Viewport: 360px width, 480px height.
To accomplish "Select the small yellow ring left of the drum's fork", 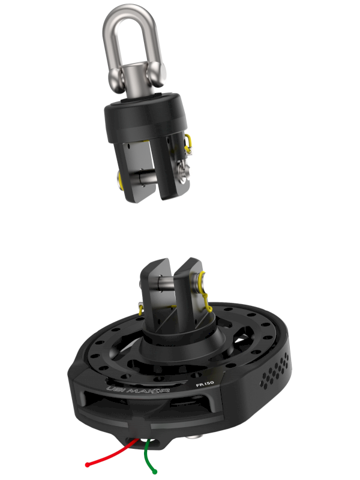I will point(141,309).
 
